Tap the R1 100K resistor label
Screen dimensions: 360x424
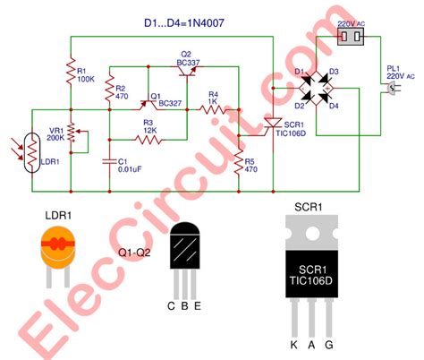pyautogui.click(x=86, y=73)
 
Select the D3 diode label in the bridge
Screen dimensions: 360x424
pyautogui.click(x=333, y=73)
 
